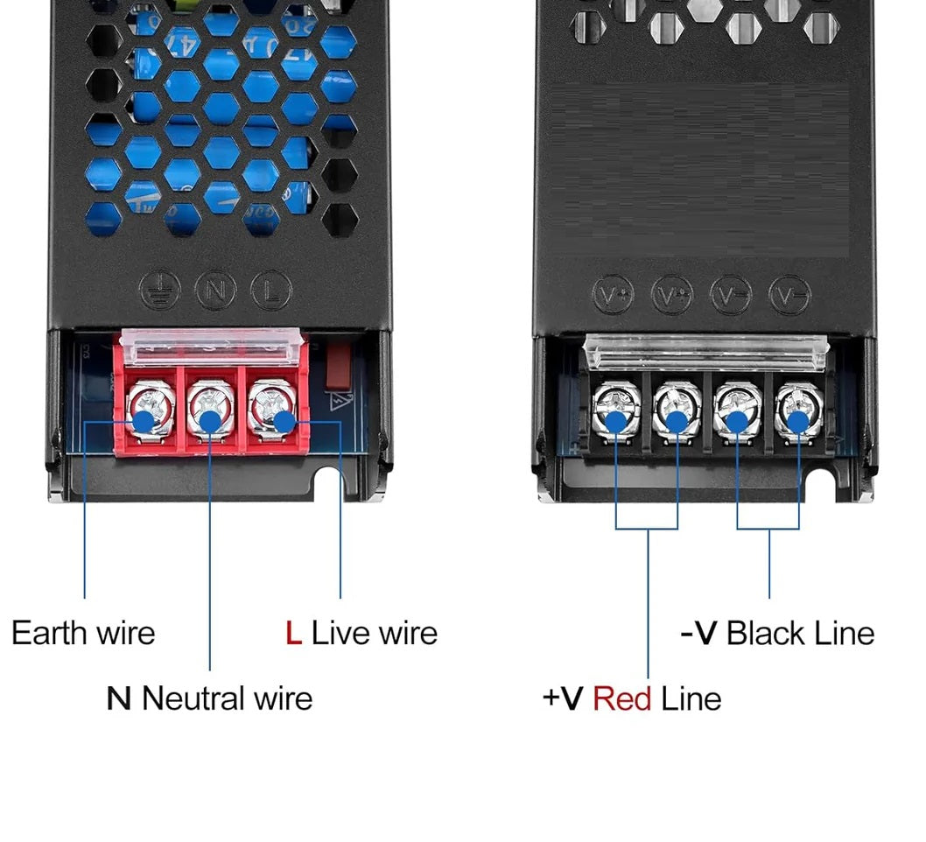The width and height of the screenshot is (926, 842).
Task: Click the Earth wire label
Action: pos(83,633)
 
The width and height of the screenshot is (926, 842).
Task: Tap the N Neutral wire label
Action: pos(209,698)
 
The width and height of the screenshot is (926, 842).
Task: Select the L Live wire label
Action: pos(361,633)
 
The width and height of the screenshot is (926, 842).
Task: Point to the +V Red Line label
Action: pos(632,698)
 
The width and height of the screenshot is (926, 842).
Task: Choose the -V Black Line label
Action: pos(777,633)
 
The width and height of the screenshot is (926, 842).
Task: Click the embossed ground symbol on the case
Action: pos(160,290)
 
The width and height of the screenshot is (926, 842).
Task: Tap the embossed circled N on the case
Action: pos(215,290)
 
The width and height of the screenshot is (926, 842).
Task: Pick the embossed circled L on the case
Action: pos(271,290)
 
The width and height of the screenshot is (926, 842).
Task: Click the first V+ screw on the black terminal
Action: pos(615,410)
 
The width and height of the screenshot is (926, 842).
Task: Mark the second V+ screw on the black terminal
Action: pos(677,410)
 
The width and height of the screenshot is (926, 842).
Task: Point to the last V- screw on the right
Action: pos(797,410)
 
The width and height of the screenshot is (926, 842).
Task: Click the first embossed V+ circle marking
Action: pos(613,295)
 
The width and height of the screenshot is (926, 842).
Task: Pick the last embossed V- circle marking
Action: pos(789,295)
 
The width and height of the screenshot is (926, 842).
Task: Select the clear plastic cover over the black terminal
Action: pos(705,352)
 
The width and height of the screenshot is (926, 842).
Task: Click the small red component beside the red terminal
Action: pos(337,365)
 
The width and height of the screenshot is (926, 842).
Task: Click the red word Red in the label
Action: pos(621,698)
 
